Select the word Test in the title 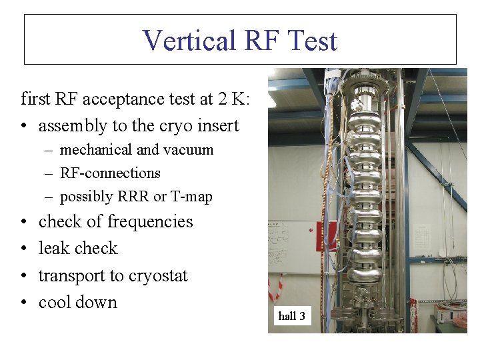click(x=313, y=41)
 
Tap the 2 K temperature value click(x=231, y=99)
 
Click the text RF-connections click(x=110, y=173)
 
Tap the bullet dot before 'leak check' click(x=24, y=249)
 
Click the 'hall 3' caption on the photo click(x=291, y=316)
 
